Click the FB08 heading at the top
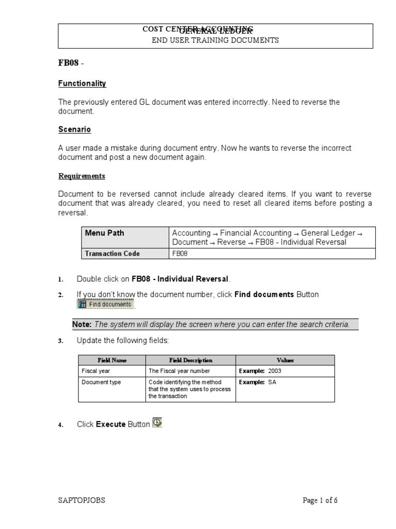click(x=69, y=64)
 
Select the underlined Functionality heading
click(x=82, y=83)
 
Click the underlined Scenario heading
click(x=74, y=129)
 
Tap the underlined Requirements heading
click(x=81, y=176)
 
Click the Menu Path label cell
click(x=105, y=233)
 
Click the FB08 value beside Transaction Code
click(x=180, y=253)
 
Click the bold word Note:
click(x=82, y=324)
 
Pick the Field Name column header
click(x=112, y=360)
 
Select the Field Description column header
click(x=191, y=360)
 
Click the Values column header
click(x=285, y=360)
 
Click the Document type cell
click(x=101, y=382)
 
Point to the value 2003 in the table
click(x=274, y=371)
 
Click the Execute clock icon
click(x=157, y=423)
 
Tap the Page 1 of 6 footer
click(x=320, y=500)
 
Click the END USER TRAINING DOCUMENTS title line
click(x=215, y=40)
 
